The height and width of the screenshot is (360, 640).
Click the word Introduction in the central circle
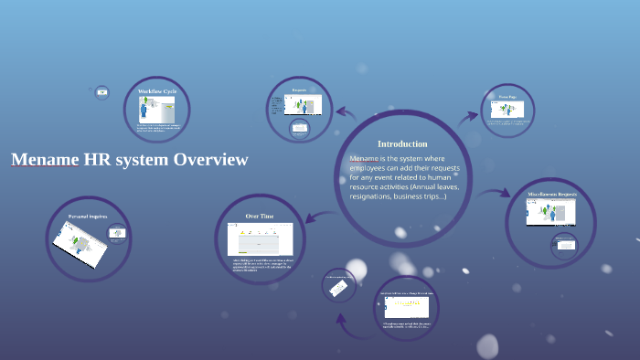tap(402, 143)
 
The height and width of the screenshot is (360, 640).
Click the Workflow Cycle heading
tap(156, 92)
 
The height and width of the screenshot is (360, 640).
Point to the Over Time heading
tap(260, 217)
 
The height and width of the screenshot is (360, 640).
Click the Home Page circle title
tap(507, 96)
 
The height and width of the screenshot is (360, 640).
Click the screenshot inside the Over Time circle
tap(261, 238)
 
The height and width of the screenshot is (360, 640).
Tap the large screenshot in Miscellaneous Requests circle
tap(550, 213)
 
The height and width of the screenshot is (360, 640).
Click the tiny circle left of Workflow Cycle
tap(101, 91)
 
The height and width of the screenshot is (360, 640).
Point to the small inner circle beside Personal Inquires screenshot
tap(117, 233)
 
